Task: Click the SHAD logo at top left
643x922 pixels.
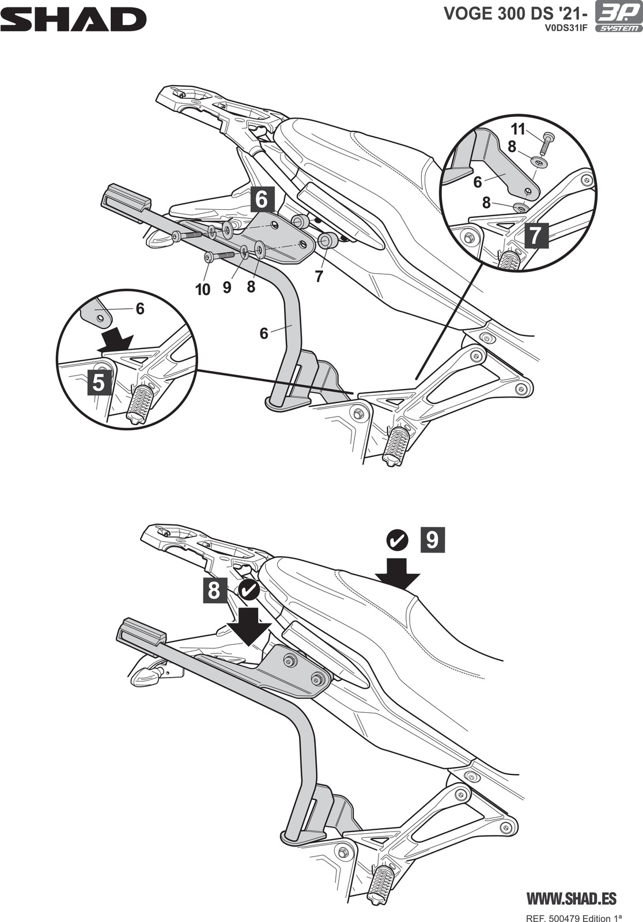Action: [x=73, y=19]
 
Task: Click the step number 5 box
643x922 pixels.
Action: [x=99, y=383]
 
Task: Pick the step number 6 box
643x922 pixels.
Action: [x=262, y=199]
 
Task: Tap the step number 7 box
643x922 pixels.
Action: [x=535, y=235]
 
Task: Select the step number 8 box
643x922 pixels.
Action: [x=214, y=591]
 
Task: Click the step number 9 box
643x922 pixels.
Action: [x=433, y=540]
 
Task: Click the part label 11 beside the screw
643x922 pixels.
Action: [x=519, y=129]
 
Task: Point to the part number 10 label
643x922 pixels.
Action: [x=203, y=289]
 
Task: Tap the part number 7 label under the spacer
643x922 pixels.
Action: [x=319, y=276]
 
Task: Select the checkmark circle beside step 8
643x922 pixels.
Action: [x=248, y=590]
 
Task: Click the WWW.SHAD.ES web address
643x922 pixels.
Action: [x=572, y=898]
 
